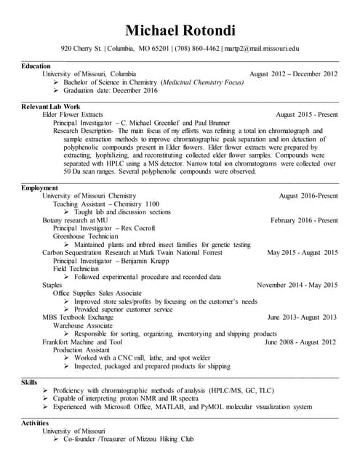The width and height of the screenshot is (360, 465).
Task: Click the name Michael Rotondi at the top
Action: (179, 30)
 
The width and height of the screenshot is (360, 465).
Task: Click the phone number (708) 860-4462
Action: (196, 49)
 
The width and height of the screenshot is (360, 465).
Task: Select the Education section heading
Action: (36, 66)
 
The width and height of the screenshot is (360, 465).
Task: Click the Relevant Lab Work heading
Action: (50, 107)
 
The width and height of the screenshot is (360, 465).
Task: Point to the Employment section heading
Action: (39, 188)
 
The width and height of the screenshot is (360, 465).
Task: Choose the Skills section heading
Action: (30, 381)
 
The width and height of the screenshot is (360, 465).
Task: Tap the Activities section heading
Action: (36, 423)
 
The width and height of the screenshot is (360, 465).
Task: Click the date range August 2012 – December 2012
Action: (293, 74)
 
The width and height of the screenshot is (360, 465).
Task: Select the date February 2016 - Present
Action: (303, 220)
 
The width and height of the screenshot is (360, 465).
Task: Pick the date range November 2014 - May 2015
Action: (297, 285)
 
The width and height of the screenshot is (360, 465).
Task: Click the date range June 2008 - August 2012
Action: (300, 341)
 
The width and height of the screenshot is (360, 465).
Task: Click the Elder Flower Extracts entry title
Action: (73, 115)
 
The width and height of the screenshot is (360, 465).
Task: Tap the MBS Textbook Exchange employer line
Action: (78, 318)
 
